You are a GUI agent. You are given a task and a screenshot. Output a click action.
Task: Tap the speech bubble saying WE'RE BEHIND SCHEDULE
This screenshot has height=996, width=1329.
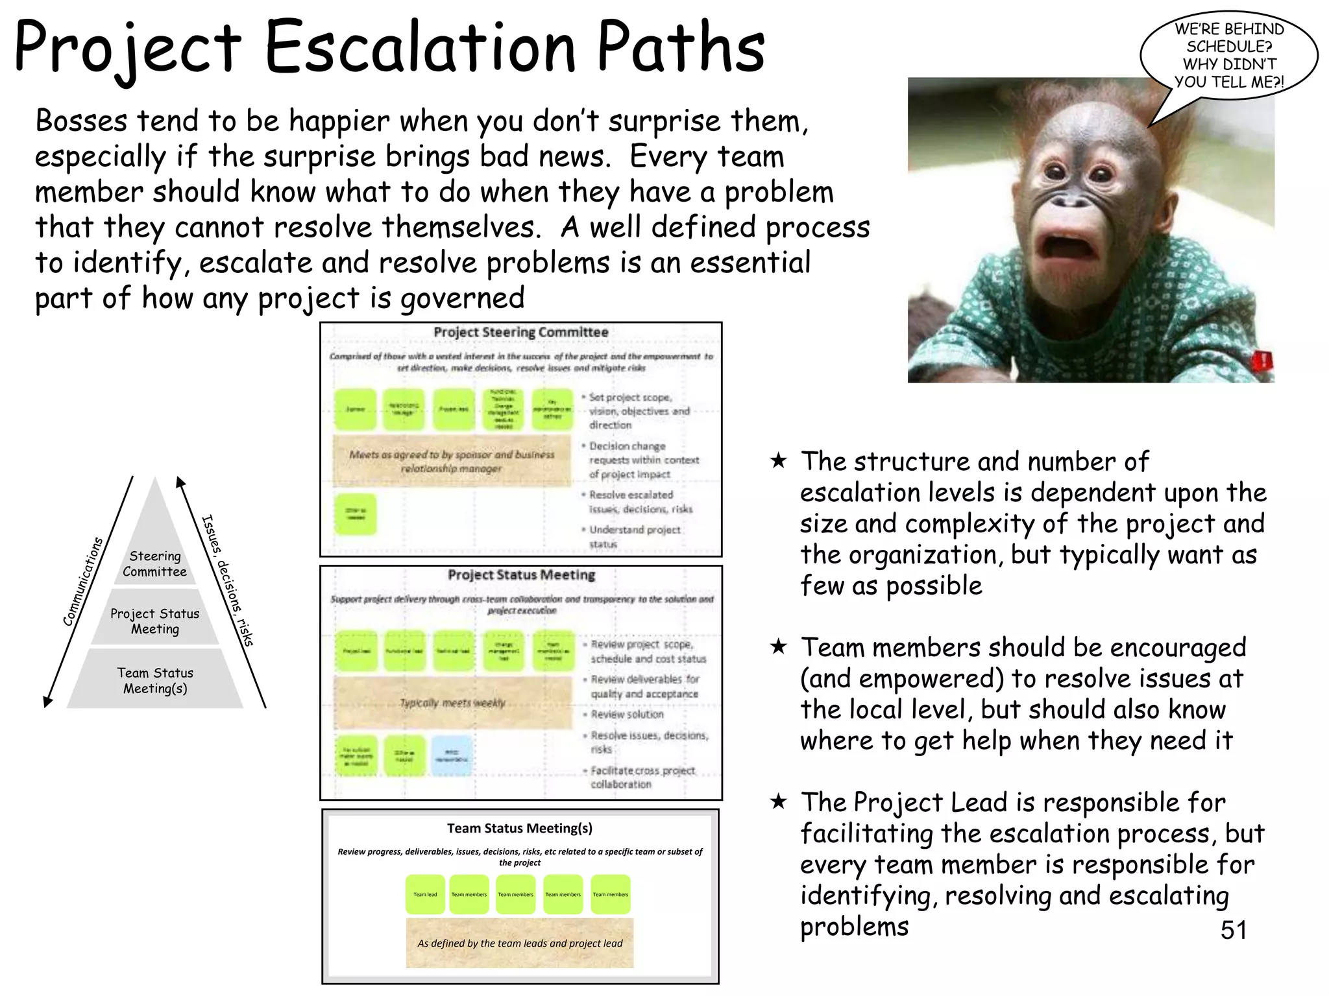click(x=1228, y=55)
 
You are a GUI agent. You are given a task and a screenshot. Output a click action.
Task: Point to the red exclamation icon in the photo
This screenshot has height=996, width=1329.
click(x=1263, y=361)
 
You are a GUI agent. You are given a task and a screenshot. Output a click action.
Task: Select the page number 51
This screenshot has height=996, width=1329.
click(x=1233, y=930)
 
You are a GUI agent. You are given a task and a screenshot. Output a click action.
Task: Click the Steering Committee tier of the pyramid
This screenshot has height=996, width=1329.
click(x=154, y=563)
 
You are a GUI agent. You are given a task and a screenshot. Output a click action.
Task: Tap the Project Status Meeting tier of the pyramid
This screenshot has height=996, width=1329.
click(x=154, y=621)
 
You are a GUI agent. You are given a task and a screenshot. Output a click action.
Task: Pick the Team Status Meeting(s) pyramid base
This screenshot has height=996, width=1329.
click(x=154, y=680)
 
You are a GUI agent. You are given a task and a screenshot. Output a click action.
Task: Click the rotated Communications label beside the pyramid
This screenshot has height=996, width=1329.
click(x=83, y=582)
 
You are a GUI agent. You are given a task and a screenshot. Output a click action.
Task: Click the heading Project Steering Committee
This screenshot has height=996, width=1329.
click(x=520, y=332)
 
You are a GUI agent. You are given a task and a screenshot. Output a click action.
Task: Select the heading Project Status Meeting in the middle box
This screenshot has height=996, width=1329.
click(x=521, y=575)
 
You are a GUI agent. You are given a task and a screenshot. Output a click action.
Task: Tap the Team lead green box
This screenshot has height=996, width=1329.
click(x=425, y=894)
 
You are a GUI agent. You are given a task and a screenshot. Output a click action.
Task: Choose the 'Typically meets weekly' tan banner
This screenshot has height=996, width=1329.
click(x=452, y=703)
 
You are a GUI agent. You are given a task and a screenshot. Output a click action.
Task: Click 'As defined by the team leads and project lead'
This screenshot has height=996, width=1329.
click(x=520, y=943)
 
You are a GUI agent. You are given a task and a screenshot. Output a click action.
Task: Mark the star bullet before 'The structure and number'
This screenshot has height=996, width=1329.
click(x=778, y=461)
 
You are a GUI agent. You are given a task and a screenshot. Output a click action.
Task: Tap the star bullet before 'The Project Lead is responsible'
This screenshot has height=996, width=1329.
click(x=778, y=802)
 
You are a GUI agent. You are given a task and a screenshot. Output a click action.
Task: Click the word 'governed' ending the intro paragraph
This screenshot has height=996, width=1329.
click(x=462, y=298)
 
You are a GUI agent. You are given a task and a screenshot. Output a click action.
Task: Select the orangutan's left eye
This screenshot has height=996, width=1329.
click(x=1101, y=174)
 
